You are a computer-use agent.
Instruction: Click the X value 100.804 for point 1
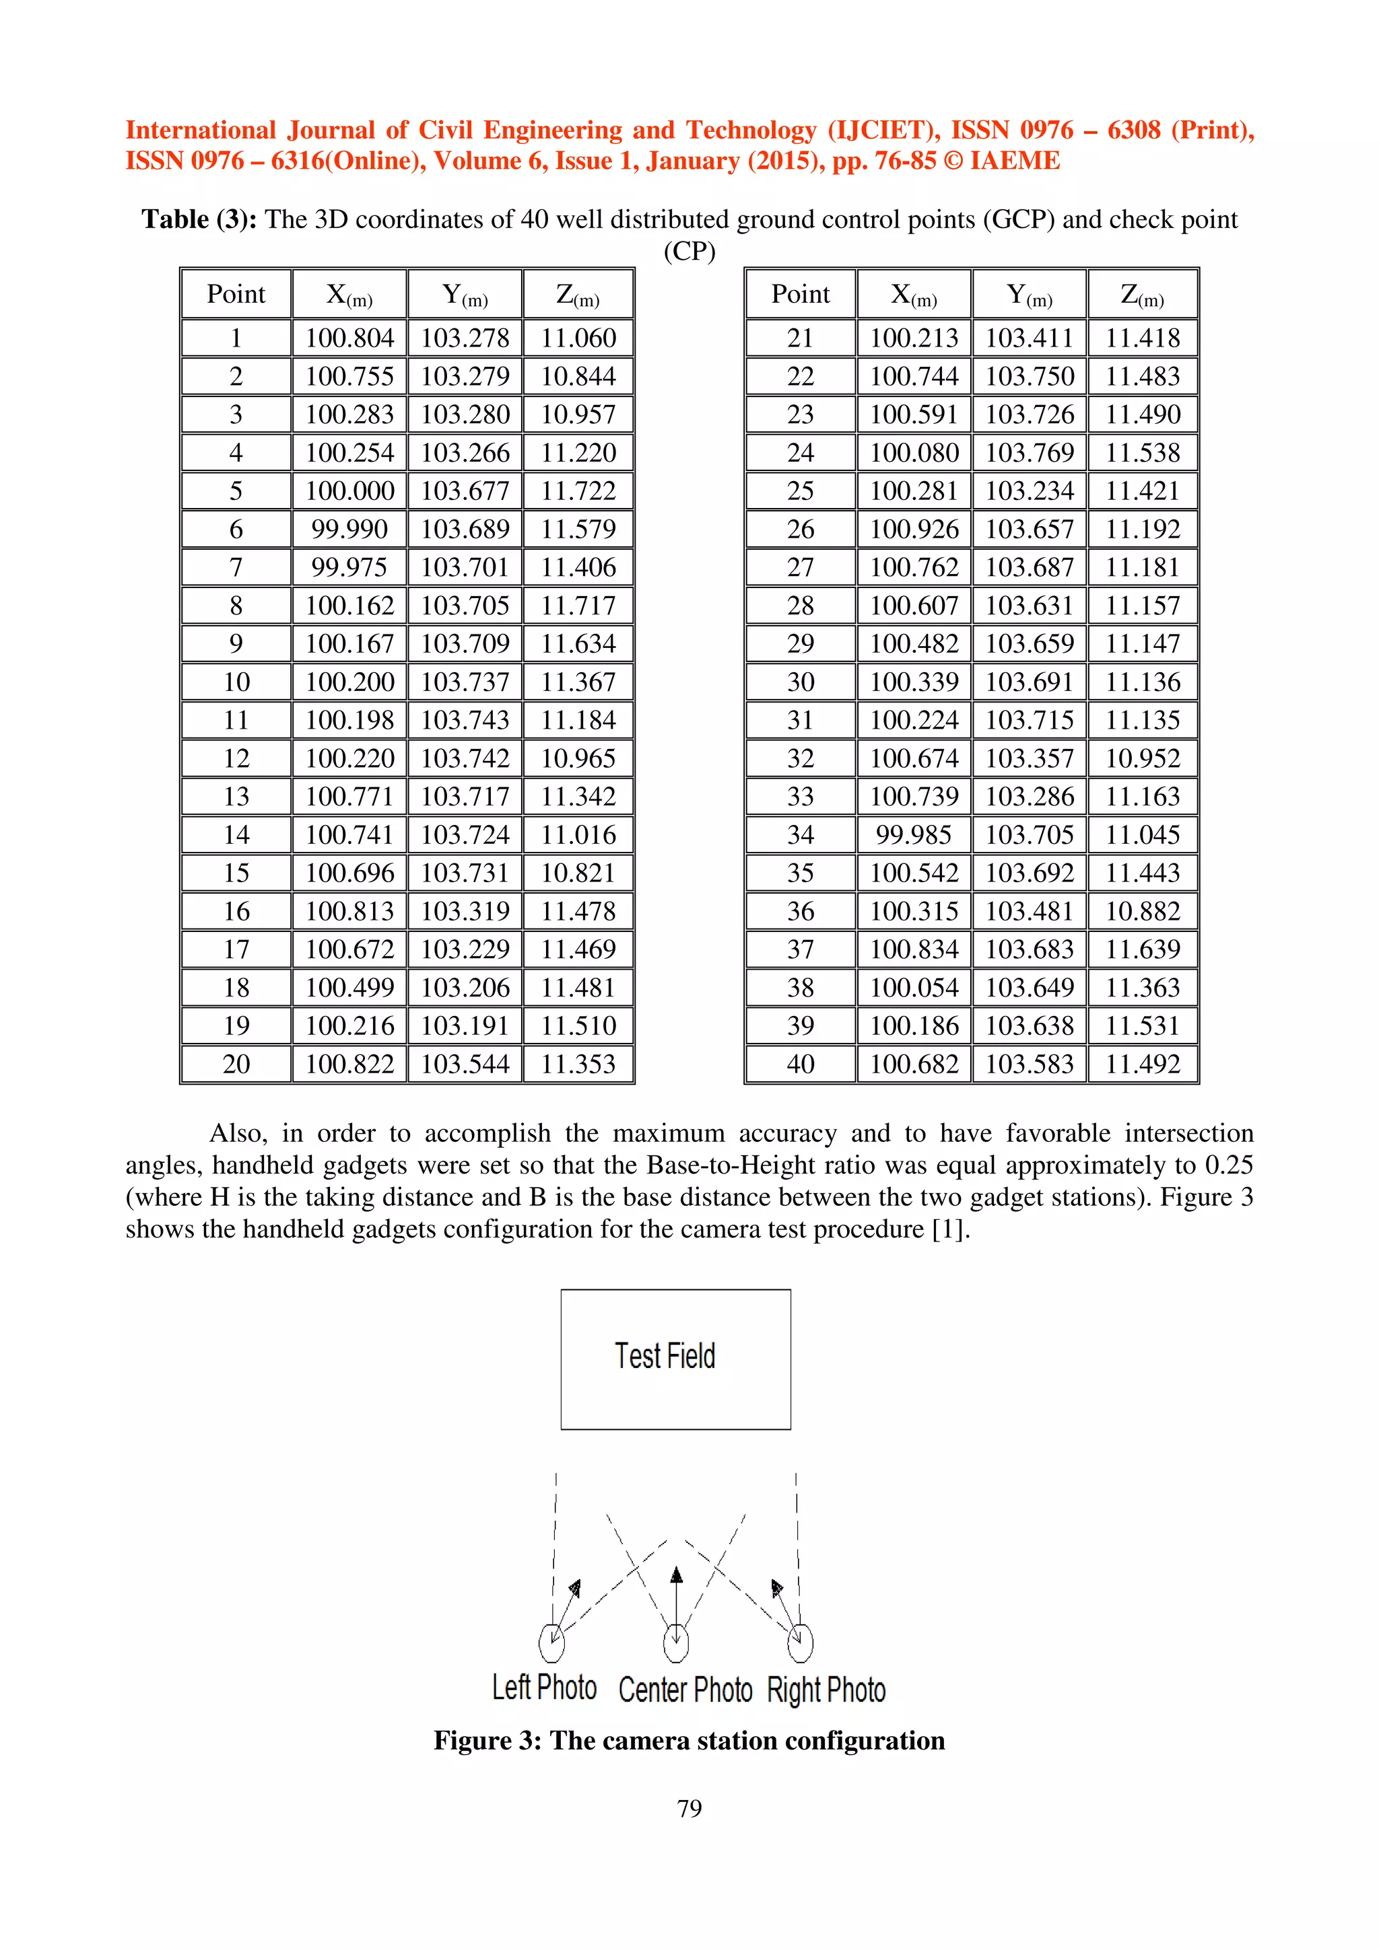(349, 338)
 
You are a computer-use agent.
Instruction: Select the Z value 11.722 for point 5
(578, 491)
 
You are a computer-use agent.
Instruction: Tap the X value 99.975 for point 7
(349, 567)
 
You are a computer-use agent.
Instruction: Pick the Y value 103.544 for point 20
(465, 1064)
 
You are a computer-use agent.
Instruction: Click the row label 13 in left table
(236, 797)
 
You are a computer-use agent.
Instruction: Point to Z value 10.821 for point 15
(578, 873)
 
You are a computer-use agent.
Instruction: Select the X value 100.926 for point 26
(914, 529)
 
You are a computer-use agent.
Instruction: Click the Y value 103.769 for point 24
(1029, 453)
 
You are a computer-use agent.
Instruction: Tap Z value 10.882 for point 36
(1142, 911)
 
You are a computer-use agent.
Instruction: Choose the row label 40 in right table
(801, 1064)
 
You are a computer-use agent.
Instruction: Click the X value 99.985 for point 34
(914, 835)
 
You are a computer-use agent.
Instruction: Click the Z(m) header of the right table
(1142, 295)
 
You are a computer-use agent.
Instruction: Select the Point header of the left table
(236, 295)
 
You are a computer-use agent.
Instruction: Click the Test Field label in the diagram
(665, 1357)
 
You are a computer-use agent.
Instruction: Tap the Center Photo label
(685, 1690)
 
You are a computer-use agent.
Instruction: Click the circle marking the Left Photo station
(551, 1642)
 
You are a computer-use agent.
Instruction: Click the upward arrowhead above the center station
(676, 1577)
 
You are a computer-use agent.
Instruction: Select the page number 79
(689, 1809)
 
